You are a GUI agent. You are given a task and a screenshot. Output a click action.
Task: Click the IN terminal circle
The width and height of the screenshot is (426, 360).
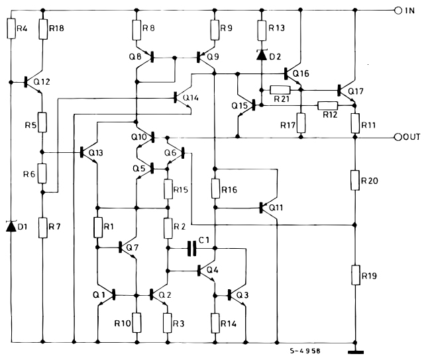coord(398,11)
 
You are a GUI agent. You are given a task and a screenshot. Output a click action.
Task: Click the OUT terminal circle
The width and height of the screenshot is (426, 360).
coord(398,138)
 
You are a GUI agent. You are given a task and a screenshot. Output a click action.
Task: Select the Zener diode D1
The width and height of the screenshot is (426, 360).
coord(11,226)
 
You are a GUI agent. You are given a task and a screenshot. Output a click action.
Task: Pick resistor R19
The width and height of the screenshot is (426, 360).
coord(355,273)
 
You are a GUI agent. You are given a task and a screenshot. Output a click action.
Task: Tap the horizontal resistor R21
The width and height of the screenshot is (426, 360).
coord(280,89)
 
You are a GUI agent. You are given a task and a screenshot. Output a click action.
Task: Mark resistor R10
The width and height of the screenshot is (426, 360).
coord(136,322)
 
